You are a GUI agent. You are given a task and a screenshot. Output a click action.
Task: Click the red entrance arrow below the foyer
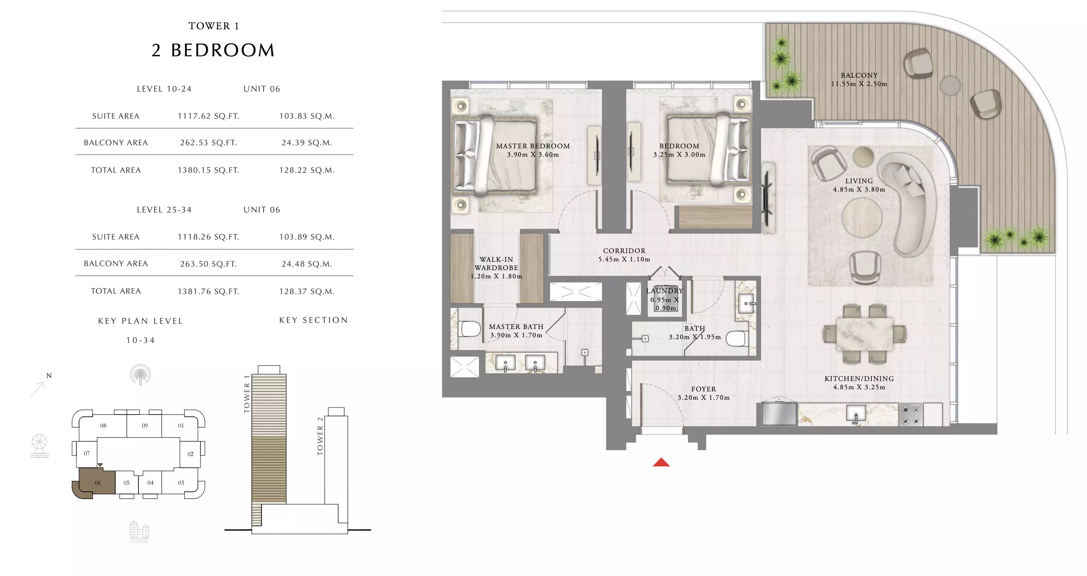pos(661,462)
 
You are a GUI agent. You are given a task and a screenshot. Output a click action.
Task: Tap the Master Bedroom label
pos(533,146)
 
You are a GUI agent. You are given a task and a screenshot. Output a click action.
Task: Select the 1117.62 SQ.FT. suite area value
pos(208,116)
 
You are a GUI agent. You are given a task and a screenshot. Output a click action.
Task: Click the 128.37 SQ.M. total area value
pos(307,291)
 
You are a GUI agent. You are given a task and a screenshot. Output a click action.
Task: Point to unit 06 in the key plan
pos(97,483)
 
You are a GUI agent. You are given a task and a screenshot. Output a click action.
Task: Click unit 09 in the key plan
pos(144,425)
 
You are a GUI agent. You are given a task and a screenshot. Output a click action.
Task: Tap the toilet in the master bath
pos(469,329)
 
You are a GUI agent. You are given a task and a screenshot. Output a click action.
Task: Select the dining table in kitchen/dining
pos(864,334)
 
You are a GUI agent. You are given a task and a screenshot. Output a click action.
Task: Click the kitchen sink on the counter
pos(856,414)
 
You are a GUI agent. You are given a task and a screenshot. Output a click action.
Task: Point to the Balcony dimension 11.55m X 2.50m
pos(859,84)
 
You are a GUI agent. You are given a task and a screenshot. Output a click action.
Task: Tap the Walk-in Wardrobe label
pos(496,264)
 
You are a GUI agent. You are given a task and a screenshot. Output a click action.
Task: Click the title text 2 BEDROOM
pos(213,50)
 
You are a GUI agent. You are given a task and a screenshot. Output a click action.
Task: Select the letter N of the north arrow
pos(49,376)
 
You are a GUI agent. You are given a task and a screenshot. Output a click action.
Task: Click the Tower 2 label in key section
pos(320,436)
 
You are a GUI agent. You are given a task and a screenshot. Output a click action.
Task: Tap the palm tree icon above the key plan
pos(140,375)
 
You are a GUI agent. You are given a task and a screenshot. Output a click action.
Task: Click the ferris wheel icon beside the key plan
pos(39,446)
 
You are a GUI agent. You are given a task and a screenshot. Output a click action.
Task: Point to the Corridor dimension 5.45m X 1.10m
pos(624,260)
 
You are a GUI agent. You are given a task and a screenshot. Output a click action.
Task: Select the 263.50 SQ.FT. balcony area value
pos(208,264)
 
